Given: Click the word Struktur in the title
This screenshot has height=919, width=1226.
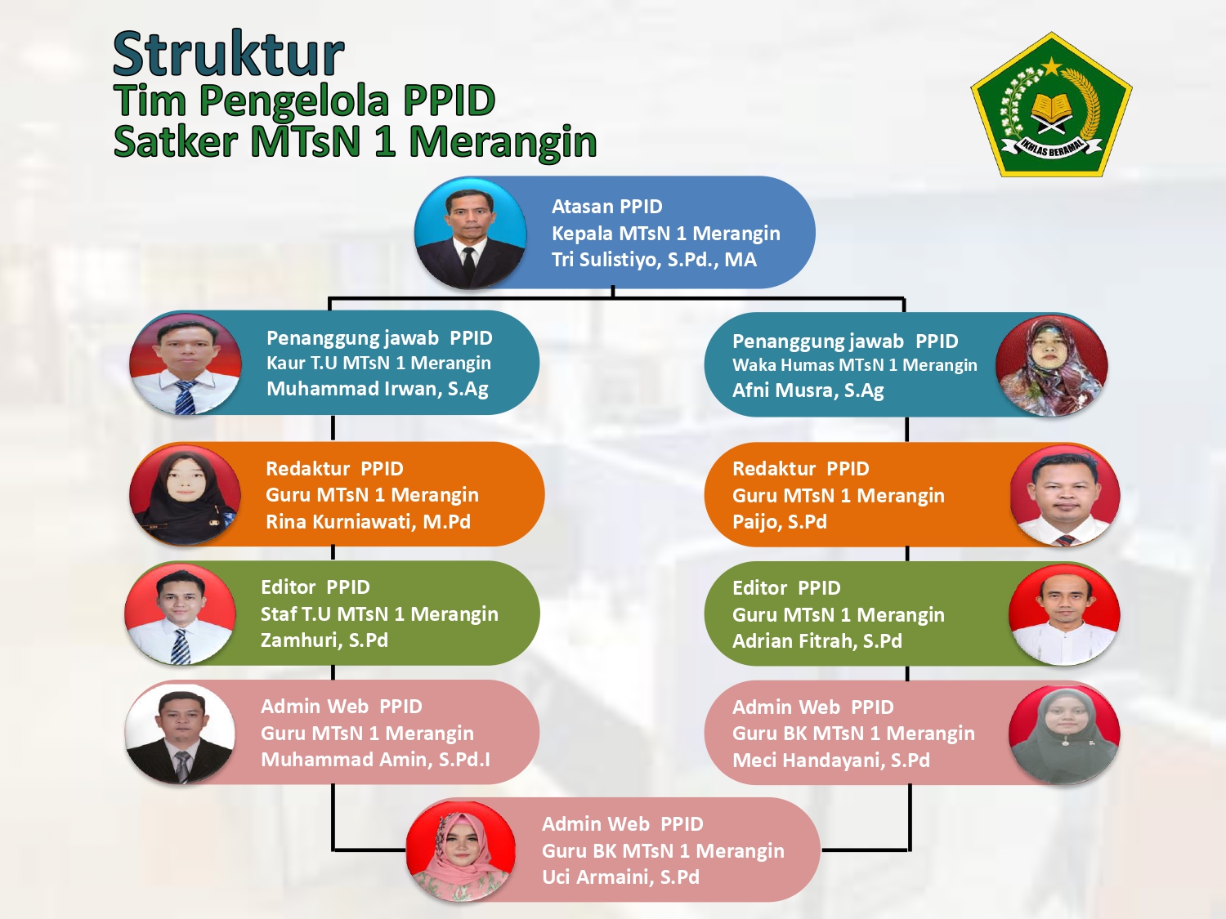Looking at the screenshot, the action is [228, 54].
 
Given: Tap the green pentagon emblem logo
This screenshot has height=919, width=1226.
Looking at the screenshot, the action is [1052, 105].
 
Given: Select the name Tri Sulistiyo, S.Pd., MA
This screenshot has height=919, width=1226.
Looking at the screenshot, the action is [654, 260].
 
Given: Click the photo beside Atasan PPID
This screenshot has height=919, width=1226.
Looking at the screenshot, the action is [470, 234].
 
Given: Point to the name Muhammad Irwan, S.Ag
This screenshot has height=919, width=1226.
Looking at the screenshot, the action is [378, 389].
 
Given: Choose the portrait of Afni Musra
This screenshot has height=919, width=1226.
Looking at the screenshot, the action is [1052, 365].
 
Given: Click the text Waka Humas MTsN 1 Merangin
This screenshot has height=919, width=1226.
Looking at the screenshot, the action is [855, 365].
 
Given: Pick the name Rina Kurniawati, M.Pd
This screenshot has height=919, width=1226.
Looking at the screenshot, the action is [368, 522].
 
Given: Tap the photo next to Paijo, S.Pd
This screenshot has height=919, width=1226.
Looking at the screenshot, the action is [1065, 496].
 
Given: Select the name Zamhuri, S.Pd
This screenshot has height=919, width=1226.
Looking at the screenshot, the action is [324, 640].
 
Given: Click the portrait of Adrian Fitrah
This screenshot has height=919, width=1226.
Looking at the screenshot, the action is [1065, 613].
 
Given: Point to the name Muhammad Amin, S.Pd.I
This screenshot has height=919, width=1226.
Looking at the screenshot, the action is [375, 760].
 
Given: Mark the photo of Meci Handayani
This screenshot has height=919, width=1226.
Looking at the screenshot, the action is [1065, 734].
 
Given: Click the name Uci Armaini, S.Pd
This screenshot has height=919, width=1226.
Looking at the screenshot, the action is [620, 877].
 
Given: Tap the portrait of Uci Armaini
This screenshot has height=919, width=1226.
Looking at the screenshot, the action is [461, 851].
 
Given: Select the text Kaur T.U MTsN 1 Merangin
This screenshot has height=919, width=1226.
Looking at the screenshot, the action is [378, 364].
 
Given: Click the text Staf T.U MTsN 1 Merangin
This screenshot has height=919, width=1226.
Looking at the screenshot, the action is [379, 613].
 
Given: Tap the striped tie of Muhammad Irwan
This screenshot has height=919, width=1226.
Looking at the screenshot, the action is [185, 397].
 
